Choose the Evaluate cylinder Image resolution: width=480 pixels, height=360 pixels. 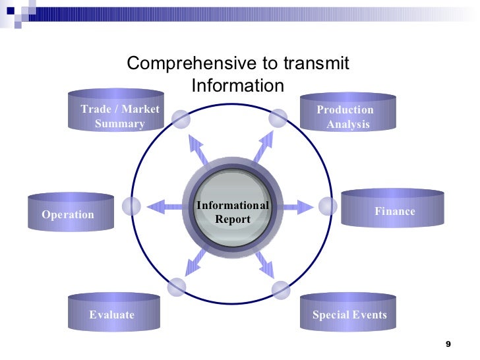tap(113, 313)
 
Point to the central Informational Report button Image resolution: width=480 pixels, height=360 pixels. tap(232, 211)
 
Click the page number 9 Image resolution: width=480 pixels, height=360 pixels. tap(448, 345)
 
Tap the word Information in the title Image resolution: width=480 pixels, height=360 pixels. tap(237, 86)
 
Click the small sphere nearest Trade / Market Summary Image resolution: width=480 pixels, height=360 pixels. tap(181, 119)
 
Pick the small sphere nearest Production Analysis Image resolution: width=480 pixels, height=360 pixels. tap(278, 118)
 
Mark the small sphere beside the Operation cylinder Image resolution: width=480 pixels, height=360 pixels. tap(132, 206)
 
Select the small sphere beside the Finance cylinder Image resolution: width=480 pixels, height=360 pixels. tap(328, 206)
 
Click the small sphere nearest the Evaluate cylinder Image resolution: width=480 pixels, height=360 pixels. tap(177, 287)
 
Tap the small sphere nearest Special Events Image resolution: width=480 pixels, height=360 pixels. tap(281, 289)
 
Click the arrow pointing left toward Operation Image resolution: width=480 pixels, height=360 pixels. tap(165, 207)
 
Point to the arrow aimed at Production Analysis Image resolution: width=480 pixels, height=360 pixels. tap(264, 147)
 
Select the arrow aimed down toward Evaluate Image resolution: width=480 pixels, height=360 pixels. tap(196, 262)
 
